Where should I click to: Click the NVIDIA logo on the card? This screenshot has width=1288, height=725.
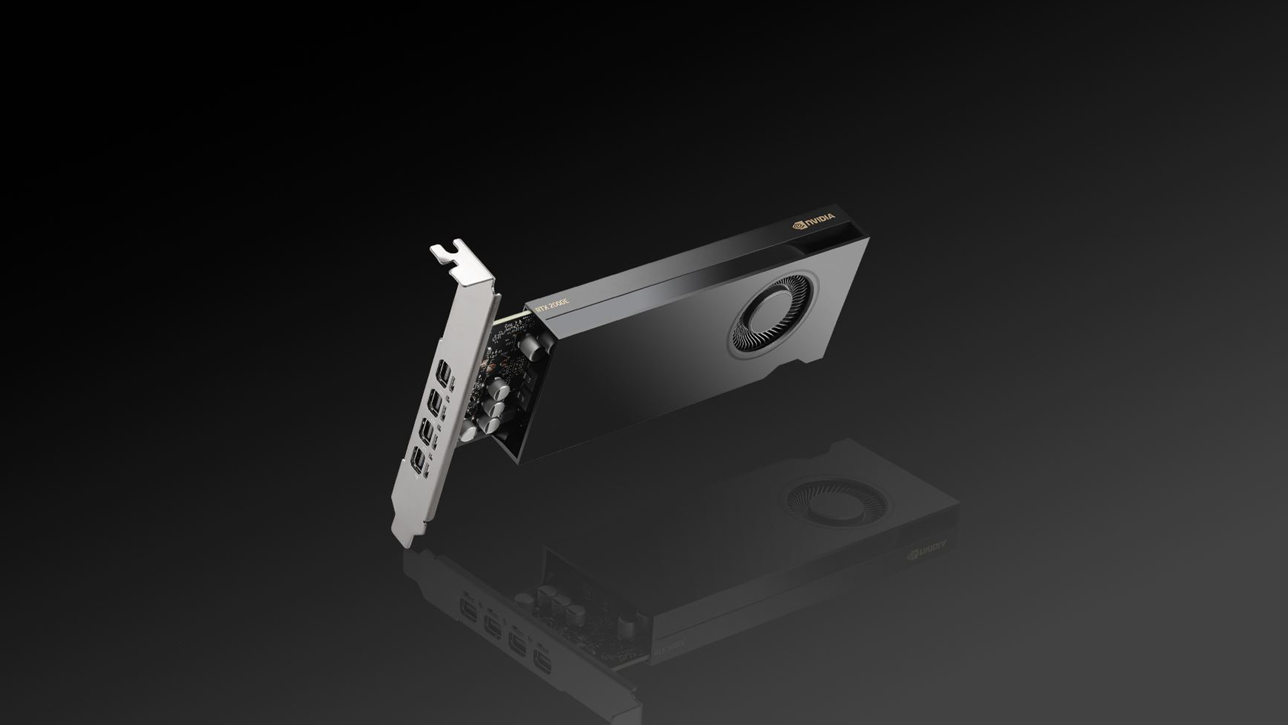pyautogui.click(x=814, y=221)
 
